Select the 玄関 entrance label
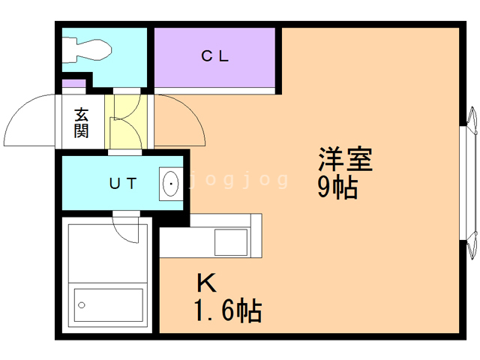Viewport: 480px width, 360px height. point(82,123)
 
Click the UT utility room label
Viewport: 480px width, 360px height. point(121,183)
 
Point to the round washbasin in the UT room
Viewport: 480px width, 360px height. point(171,183)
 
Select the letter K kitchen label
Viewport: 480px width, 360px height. point(206,283)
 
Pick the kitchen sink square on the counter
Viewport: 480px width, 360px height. point(230,241)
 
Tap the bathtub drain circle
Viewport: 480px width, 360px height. point(82,305)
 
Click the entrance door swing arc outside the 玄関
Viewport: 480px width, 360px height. point(30,120)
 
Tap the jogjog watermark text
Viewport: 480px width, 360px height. point(238,180)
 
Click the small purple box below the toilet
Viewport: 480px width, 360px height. point(73,82)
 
